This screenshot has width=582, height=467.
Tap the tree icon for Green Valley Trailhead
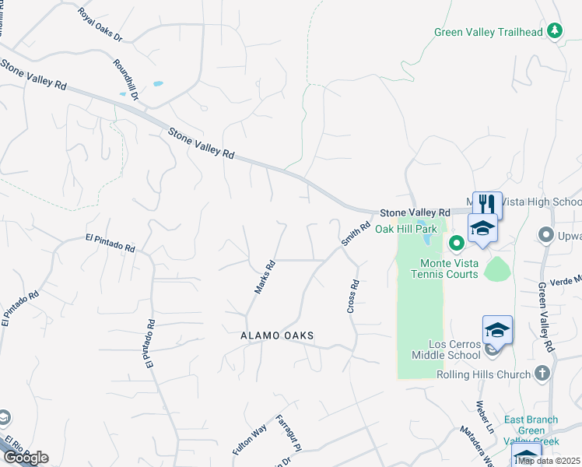(x=554, y=31)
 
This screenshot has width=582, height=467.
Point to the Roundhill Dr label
(x=125, y=80)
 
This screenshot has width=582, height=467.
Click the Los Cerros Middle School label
(x=455, y=349)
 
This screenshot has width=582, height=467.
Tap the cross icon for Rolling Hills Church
(x=543, y=374)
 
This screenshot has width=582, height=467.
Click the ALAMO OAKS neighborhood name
(x=277, y=335)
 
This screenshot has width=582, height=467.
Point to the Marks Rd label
(x=265, y=276)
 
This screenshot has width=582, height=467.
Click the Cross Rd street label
(x=352, y=297)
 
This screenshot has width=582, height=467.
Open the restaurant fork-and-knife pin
(x=487, y=204)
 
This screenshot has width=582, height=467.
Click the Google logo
(x=25, y=458)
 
